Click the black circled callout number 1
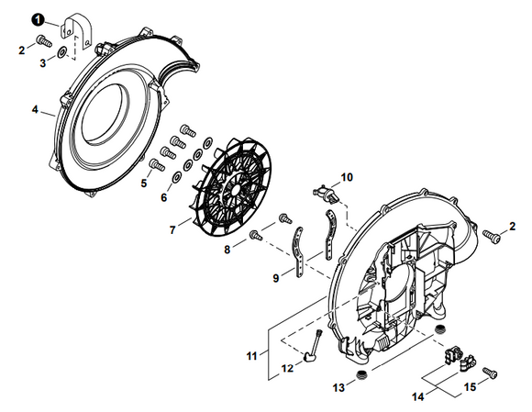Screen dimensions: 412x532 (x=37, y=17)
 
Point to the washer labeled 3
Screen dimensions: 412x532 (x=61, y=53)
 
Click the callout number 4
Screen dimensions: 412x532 (x=36, y=109)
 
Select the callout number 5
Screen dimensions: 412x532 (x=143, y=184)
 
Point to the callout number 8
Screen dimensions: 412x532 (x=227, y=247)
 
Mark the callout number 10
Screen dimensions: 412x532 (x=346, y=176)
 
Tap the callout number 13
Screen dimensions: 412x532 (x=338, y=388)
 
